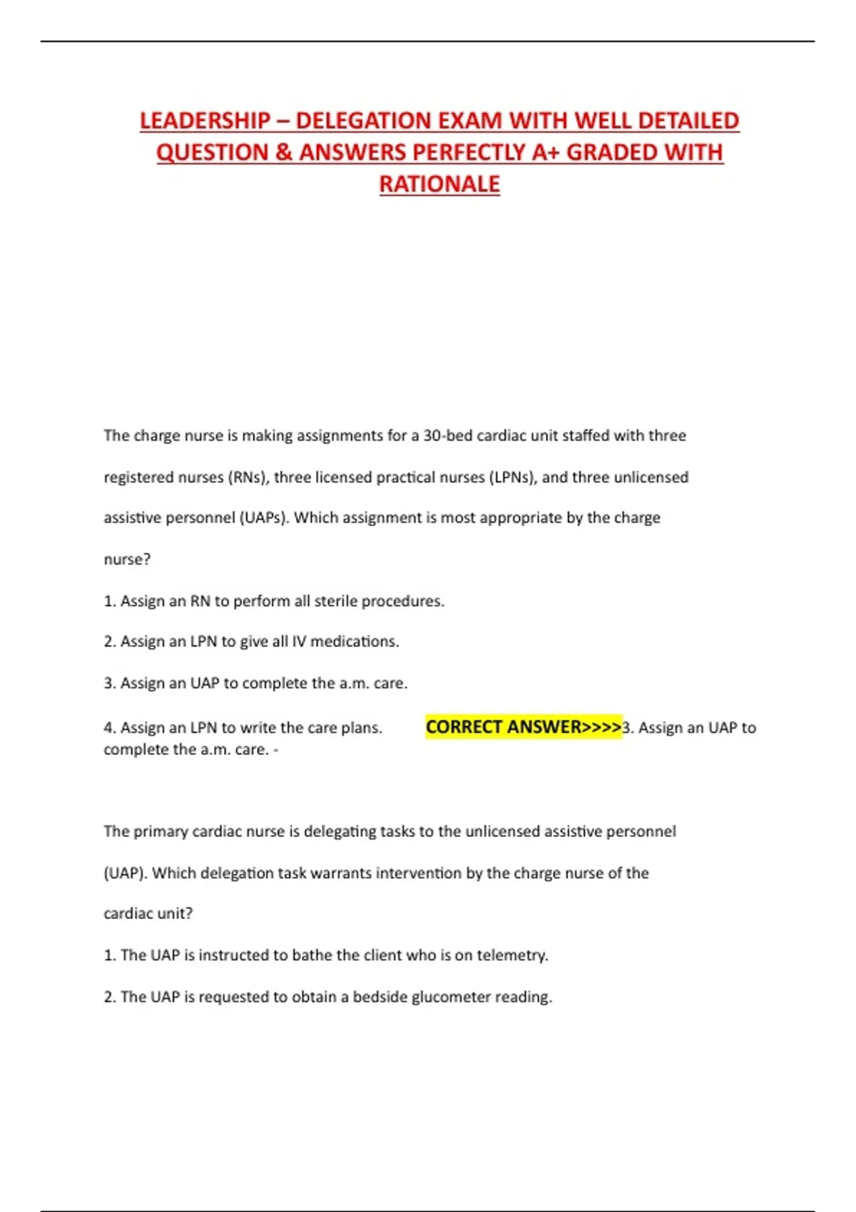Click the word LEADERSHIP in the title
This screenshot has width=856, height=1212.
[x=205, y=120]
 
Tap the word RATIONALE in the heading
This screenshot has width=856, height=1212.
[x=439, y=184]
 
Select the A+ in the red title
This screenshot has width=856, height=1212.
[x=545, y=153]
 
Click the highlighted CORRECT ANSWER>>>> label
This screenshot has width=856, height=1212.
[x=523, y=727]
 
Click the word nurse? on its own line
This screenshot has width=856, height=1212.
[x=127, y=560]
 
